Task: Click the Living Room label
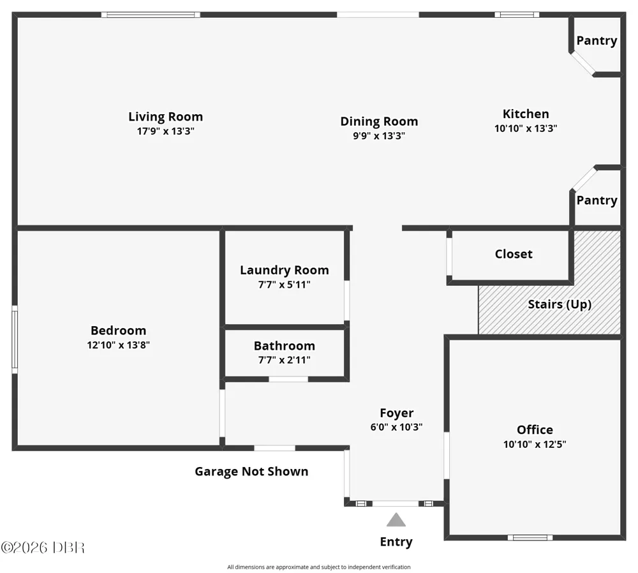(x=166, y=117)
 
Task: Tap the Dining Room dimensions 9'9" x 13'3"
(x=379, y=135)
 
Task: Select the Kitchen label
(x=526, y=114)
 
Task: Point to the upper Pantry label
(x=597, y=41)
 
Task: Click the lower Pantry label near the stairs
(x=597, y=200)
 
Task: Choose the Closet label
(x=514, y=254)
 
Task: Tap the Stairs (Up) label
(x=560, y=304)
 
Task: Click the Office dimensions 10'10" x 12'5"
(x=535, y=444)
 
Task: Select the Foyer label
(x=397, y=413)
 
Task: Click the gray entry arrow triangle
(x=396, y=521)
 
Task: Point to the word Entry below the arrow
(x=396, y=542)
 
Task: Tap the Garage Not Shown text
(x=251, y=472)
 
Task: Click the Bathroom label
(x=285, y=346)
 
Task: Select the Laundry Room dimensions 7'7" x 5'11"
(x=284, y=285)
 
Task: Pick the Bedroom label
(x=118, y=331)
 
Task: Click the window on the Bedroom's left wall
(x=15, y=339)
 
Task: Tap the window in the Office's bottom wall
(x=530, y=538)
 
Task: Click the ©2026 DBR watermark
(x=43, y=547)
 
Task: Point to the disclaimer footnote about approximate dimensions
(x=318, y=567)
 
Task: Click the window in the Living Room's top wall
(x=151, y=15)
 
